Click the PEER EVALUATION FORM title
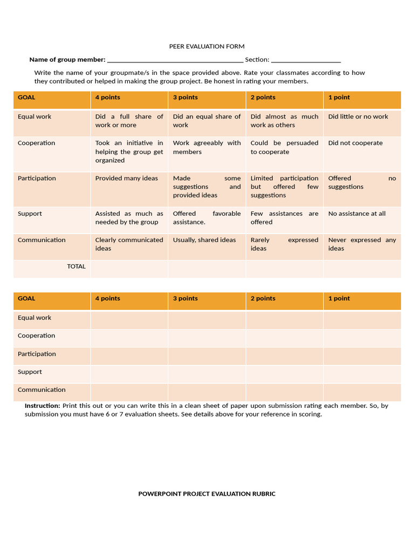pos(206,47)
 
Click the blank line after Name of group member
pos(175,60)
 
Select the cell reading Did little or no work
pos(358,117)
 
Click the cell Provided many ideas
pos(127,178)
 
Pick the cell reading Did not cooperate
pos(355,143)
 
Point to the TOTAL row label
pos(76,266)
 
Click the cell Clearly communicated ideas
pos(129,244)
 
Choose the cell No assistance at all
pos(357,214)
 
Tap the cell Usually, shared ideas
pos(204,240)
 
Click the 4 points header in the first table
pos(108,97)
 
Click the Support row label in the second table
pos(30,372)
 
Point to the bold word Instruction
pos(42,406)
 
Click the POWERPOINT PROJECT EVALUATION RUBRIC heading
pos(206,493)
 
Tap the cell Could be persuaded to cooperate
pos(284,147)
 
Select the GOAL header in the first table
pos(26,97)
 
